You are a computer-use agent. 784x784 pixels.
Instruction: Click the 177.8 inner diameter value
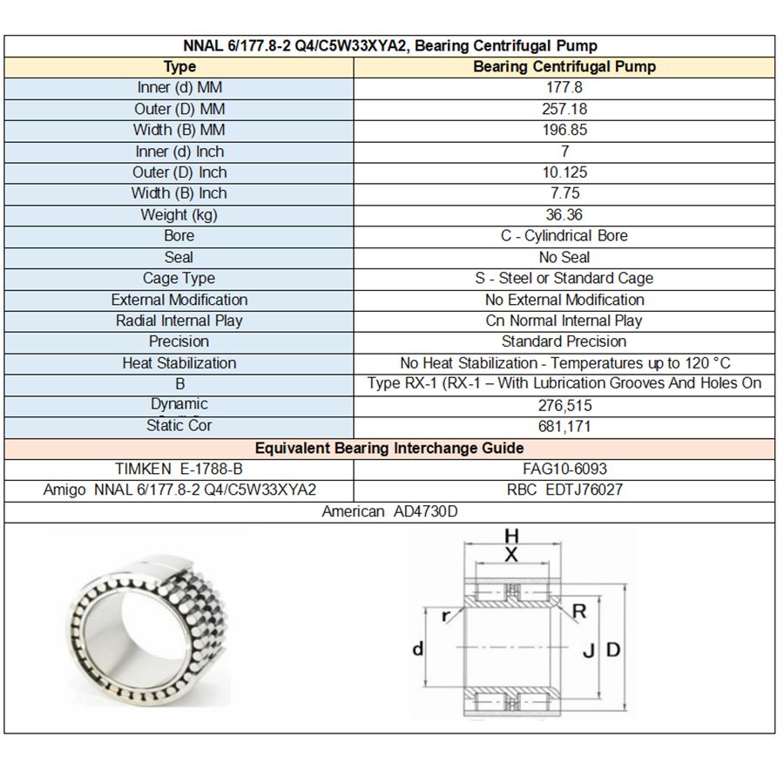(564, 88)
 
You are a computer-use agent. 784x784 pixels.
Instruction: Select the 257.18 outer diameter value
(564, 109)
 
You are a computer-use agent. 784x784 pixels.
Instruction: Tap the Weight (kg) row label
(179, 214)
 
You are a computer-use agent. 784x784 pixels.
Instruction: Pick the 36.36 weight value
(564, 214)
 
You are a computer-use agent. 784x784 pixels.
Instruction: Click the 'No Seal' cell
(564, 257)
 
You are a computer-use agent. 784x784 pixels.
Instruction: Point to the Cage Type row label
(179, 279)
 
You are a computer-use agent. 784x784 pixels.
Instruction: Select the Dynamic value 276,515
(564, 405)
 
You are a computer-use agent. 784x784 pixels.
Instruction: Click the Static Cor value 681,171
(564, 427)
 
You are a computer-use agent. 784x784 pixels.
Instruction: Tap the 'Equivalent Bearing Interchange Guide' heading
(389, 449)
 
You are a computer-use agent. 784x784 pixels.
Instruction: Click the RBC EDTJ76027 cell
(564, 490)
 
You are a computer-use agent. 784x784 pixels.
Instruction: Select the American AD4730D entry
(389, 511)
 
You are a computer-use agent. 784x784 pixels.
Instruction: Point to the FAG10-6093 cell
(564, 470)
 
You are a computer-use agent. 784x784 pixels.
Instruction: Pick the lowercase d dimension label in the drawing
(418, 649)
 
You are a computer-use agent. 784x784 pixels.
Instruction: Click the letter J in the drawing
(589, 650)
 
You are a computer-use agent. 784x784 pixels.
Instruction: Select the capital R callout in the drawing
(579, 612)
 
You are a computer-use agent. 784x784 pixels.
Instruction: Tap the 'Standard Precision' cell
(564, 341)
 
